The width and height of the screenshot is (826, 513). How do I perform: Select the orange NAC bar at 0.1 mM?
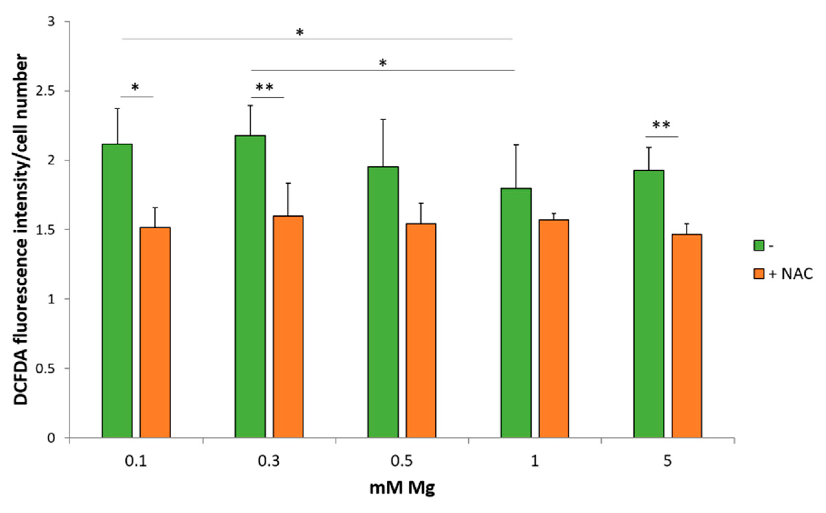155,333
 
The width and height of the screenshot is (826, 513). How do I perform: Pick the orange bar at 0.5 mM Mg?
421,331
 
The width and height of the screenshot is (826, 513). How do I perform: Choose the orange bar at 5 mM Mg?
687,336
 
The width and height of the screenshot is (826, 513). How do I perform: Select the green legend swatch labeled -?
759,246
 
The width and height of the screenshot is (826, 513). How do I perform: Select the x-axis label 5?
667,462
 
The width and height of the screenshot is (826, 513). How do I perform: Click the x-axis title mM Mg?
402,488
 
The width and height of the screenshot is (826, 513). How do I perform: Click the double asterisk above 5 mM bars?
661,126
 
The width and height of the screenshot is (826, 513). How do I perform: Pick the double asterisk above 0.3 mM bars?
264,88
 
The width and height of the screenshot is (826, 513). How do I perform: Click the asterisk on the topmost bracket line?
300,33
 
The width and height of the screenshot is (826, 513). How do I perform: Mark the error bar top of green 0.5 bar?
383,119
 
